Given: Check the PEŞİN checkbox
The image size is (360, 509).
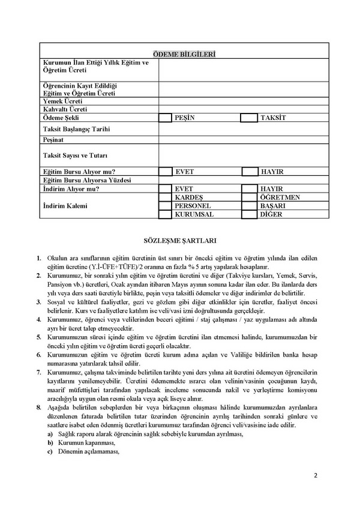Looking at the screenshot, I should coord(165,118).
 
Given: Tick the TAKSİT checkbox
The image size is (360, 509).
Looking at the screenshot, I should coord(248,118).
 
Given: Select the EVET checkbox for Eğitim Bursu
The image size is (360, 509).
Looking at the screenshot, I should coord(165,172).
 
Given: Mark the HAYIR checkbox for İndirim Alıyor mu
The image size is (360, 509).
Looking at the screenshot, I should coord(250,188).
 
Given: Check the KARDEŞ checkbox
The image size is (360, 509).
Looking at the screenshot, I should coord(165,197).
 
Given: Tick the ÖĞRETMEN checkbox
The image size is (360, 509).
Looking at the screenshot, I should coord(250,197).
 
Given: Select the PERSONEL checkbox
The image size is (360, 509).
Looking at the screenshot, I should coord(165,205).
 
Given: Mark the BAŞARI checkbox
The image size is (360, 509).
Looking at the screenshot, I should coord(250,205).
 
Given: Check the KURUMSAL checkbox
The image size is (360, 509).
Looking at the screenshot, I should coord(165,214).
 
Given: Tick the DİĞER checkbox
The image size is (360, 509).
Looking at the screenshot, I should coord(250,214).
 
